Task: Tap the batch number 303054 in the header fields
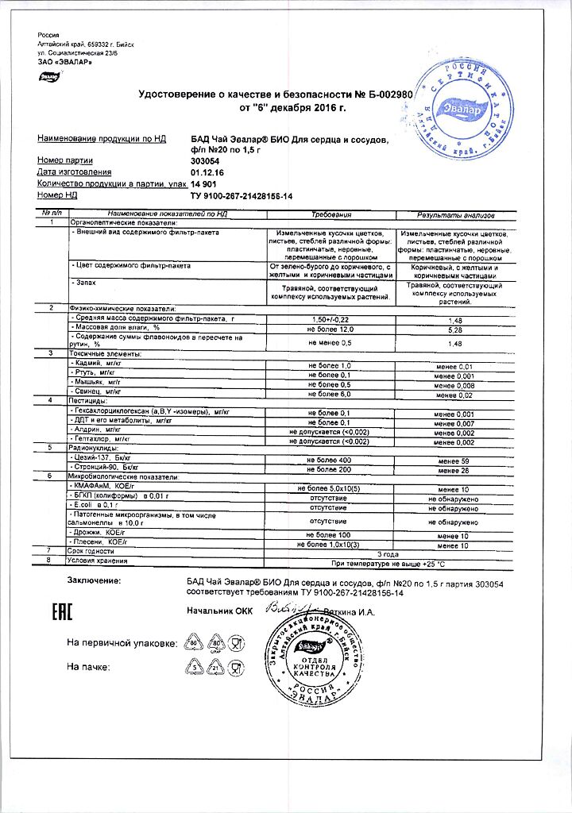click(206, 160)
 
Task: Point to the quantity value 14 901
click(205, 183)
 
